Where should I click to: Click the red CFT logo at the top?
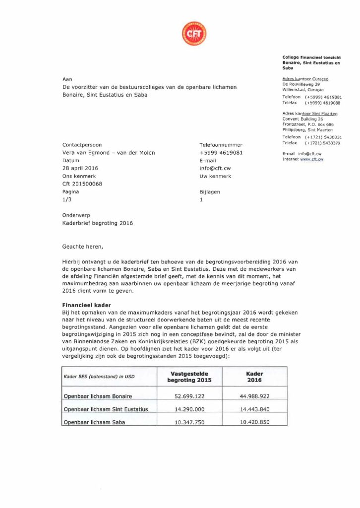[x=194, y=34]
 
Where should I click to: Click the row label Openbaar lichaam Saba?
[x=94, y=423]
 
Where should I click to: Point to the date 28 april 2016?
[x=80, y=168]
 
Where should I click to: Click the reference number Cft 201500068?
[x=82, y=184]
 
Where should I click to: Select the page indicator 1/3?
[x=66, y=199]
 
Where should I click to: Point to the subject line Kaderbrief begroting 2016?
[x=98, y=223]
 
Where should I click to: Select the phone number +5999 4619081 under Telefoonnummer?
[x=221, y=153]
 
